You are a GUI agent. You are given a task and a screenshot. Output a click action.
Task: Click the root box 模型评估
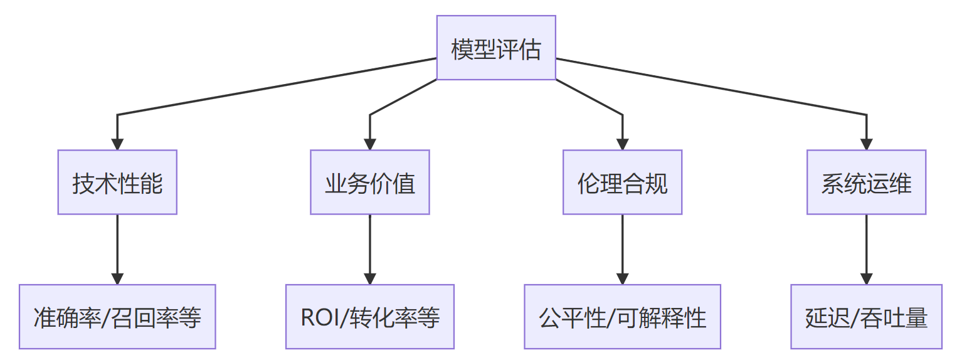click(496, 48)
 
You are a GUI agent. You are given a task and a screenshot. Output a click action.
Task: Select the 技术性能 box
click(117, 183)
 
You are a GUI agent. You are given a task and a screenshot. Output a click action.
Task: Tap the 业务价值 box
click(370, 183)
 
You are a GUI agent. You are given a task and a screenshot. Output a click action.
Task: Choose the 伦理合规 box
click(622, 183)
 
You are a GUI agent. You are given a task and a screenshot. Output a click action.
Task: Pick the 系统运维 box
click(866, 183)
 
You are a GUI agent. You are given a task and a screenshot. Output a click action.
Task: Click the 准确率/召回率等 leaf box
click(117, 317)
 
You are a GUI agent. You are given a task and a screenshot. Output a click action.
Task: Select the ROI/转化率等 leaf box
click(370, 317)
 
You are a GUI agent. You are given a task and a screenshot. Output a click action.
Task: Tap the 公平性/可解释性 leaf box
click(622, 317)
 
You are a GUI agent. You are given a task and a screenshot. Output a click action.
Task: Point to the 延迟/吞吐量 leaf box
click(866, 317)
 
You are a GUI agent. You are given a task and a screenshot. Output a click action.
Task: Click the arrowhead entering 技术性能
click(117, 144)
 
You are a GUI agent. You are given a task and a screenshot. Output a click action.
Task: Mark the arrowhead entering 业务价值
click(370, 144)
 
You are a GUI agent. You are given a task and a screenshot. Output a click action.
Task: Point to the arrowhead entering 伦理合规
click(622, 144)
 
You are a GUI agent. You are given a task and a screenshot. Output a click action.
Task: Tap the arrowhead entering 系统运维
click(866, 144)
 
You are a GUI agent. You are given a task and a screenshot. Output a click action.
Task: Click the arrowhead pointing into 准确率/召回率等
click(117, 278)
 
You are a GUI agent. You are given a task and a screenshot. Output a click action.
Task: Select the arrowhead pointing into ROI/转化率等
click(370, 278)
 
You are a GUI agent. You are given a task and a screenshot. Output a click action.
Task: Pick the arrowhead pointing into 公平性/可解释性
click(622, 278)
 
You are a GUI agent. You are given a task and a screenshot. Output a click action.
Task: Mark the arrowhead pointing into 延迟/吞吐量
click(866, 278)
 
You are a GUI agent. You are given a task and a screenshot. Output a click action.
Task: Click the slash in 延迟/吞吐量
click(852, 318)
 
